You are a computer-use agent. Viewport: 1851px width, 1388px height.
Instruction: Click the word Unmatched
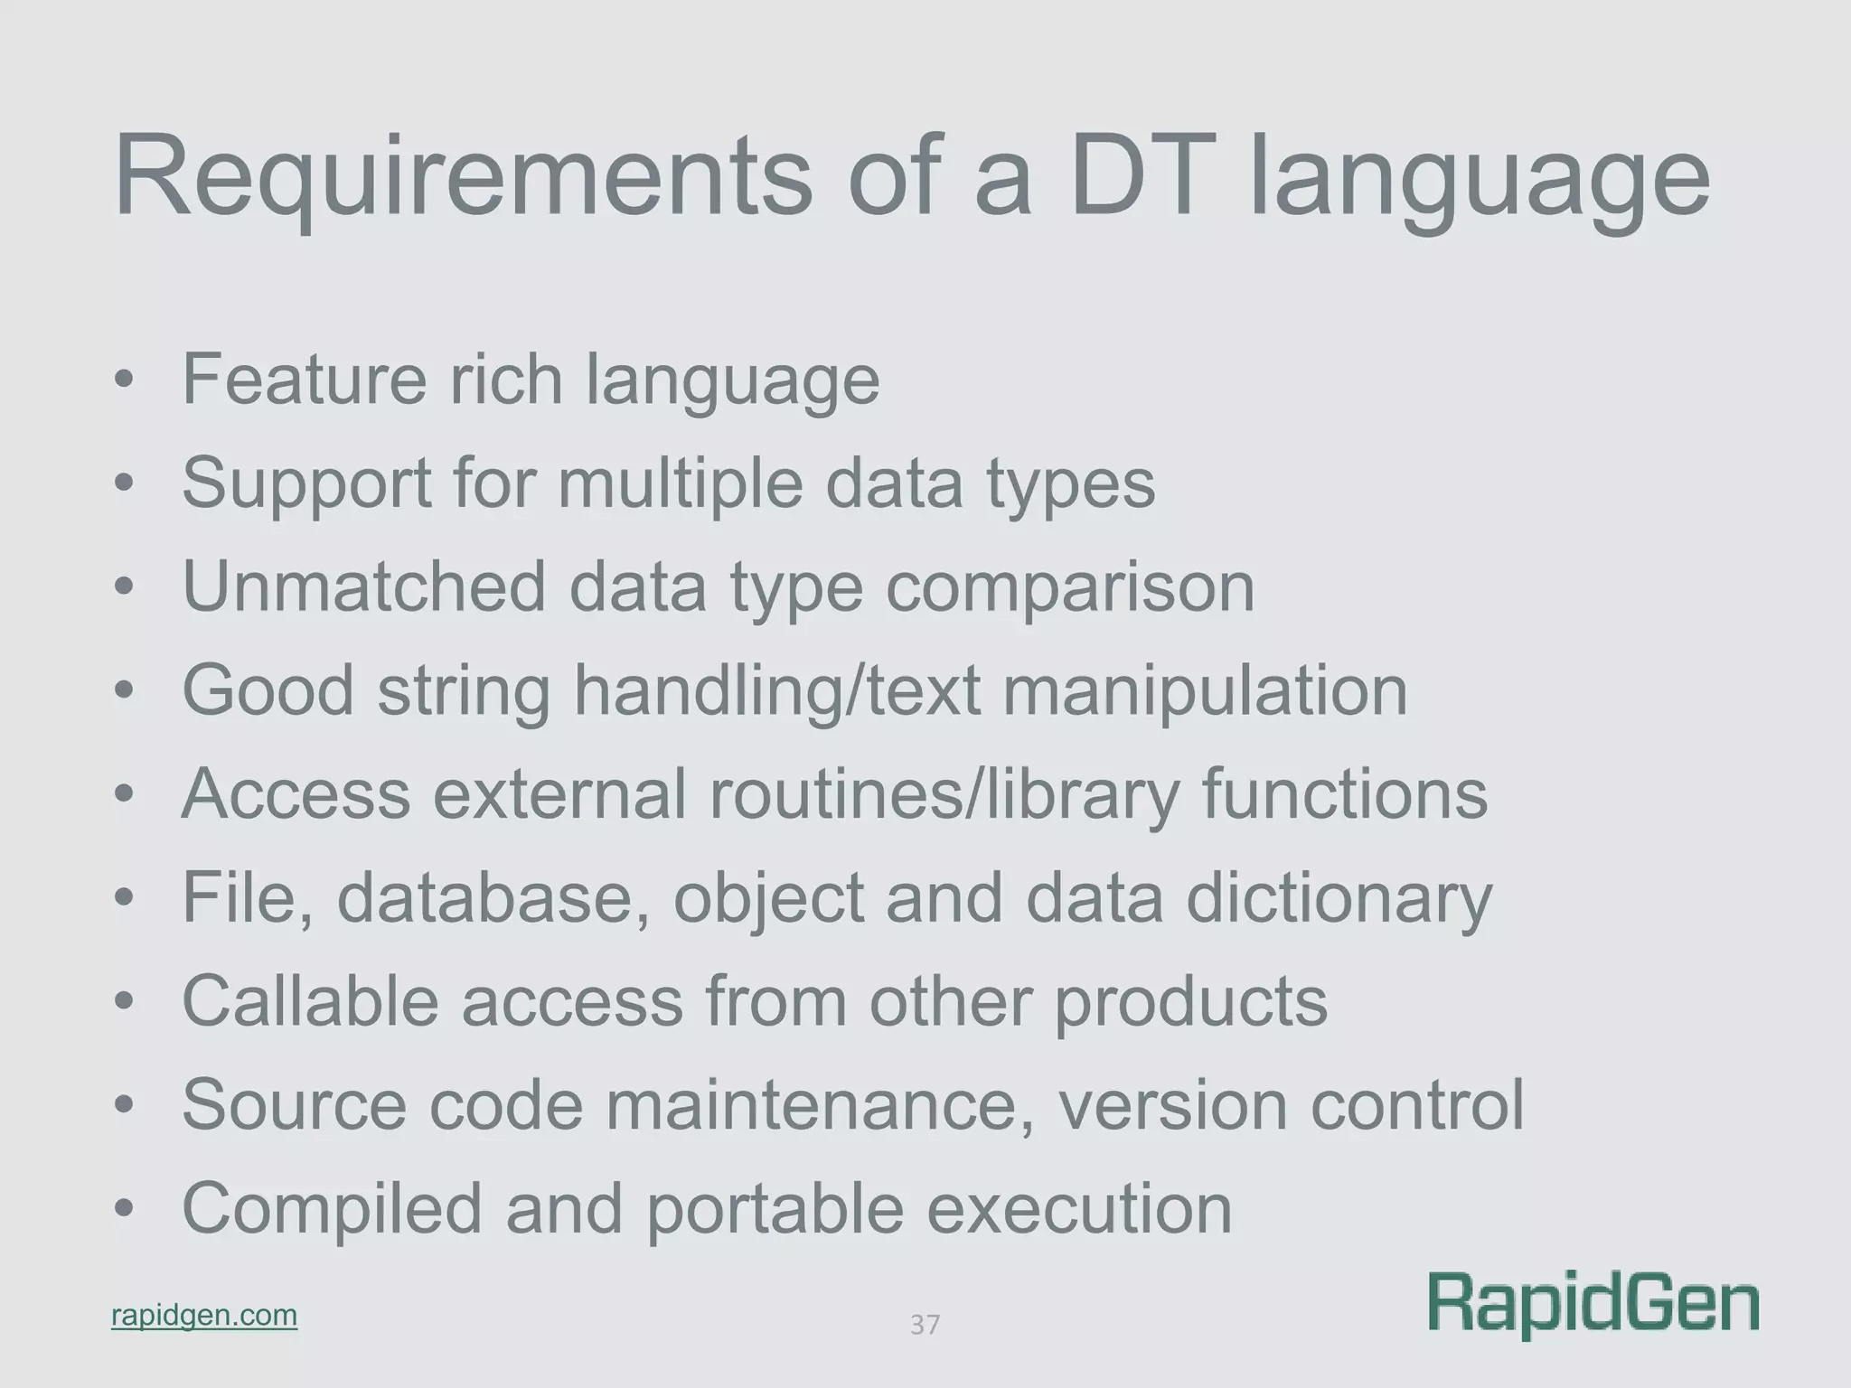coord(364,586)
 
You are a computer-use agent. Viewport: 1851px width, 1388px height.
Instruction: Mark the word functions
coord(1344,794)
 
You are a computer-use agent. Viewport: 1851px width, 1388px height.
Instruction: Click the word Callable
coord(310,1001)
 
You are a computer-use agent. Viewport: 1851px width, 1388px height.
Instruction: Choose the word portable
coord(775,1210)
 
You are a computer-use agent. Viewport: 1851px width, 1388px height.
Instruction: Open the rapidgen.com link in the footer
coord(204,1315)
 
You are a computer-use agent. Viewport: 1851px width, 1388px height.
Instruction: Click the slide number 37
coord(925,1325)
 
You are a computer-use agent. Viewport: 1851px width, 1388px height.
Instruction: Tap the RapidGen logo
coord(1593,1304)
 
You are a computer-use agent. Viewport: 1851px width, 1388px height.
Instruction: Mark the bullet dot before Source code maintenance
coord(124,1105)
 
